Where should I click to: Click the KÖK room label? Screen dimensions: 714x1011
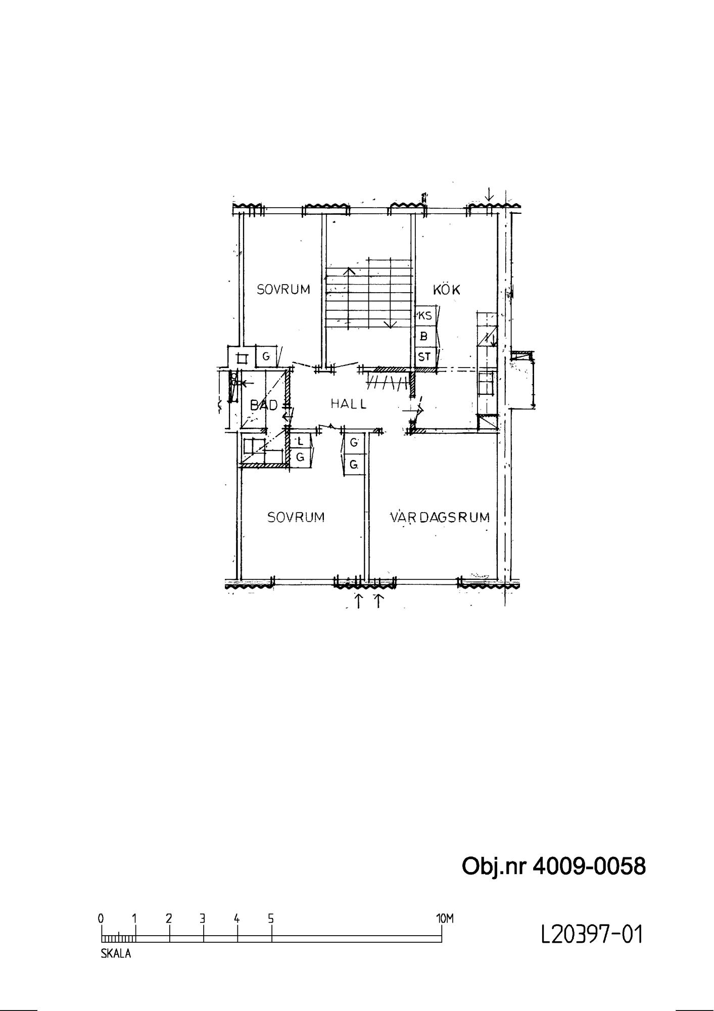pyautogui.click(x=447, y=289)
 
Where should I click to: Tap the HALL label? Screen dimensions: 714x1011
pyautogui.click(x=349, y=404)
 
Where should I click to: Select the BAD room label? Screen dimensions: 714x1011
pyautogui.click(x=264, y=405)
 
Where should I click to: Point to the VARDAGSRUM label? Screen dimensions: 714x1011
pyautogui.click(x=440, y=517)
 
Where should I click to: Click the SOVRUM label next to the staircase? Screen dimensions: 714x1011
pyautogui.click(x=283, y=290)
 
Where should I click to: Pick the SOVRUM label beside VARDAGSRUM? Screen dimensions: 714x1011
pyautogui.click(x=296, y=517)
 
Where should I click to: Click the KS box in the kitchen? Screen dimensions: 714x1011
pyautogui.click(x=425, y=316)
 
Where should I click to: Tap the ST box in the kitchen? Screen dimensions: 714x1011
pyautogui.click(x=425, y=357)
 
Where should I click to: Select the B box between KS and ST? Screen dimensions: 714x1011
pyautogui.click(x=425, y=336)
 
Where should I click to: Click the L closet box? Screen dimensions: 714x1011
pyautogui.click(x=300, y=441)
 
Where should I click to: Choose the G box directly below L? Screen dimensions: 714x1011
pyautogui.click(x=300, y=457)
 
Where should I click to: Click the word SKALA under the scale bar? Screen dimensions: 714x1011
pyautogui.click(x=116, y=954)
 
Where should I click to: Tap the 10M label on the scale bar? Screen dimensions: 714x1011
pyautogui.click(x=445, y=918)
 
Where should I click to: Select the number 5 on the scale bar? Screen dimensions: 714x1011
pyautogui.click(x=271, y=918)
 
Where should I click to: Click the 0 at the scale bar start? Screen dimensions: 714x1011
pyautogui.click(x=101, y=918)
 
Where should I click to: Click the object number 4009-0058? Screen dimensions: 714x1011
pyautogui.click(x=590, y=866)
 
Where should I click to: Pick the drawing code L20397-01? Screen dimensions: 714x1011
pyautogui.click(x=592, y=935)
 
